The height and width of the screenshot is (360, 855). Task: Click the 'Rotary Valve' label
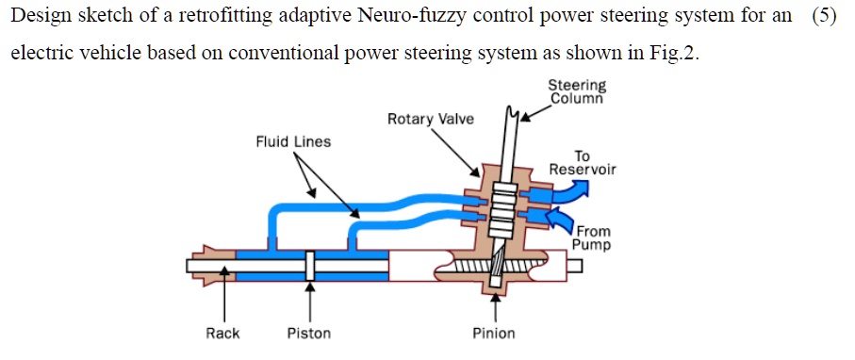(431, 120)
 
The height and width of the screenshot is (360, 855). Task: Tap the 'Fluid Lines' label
(293, 142)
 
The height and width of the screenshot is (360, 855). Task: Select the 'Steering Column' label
(577, 90)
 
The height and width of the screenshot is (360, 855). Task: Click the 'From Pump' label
(591, 237)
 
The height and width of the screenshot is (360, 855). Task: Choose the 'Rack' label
(222, 333)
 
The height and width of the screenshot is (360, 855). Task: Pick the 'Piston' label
(309, 333)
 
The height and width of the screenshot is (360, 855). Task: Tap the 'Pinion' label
(494, 333)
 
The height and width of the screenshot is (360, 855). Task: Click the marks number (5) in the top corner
(823, 18)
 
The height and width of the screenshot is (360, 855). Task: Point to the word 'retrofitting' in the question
(211, 18)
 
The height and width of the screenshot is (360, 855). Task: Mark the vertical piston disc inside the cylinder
(309, 267)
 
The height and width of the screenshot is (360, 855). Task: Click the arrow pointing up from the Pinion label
(495, 302)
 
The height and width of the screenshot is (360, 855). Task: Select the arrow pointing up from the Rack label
(223, 298)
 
